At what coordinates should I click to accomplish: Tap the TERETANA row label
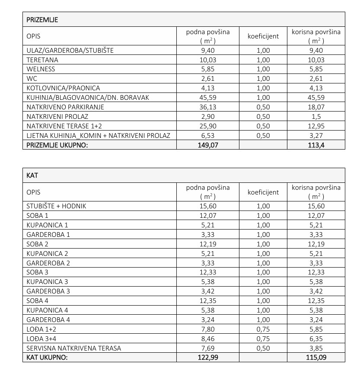(x=42, y=60)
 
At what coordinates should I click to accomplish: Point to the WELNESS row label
(x=41, y=69)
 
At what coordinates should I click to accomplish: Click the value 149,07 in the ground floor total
(x=208, y=146)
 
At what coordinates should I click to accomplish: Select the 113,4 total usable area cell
(x=316, y=146)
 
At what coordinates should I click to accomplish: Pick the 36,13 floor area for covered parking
(x=208, y=107)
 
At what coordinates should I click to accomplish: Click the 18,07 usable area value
(x=316, y=107)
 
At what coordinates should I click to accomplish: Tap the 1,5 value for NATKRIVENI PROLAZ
(x=316, y=117)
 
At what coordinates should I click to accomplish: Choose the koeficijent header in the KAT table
(x=263, y=192)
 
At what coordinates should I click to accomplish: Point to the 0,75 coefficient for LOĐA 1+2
(x=263, y=329)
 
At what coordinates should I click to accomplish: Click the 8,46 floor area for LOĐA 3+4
(x=208, y=339)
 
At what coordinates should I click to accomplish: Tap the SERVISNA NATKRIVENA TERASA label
(x=73, y=348)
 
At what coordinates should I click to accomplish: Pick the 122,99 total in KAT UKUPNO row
(x=208, y=357)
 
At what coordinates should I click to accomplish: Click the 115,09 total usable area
(x=316, y=357)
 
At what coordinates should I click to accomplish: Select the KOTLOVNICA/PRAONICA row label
(x=63, y=88)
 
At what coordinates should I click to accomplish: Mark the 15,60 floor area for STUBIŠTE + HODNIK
(x=208, y=206)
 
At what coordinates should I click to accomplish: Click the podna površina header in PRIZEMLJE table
(x=208, y=36)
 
